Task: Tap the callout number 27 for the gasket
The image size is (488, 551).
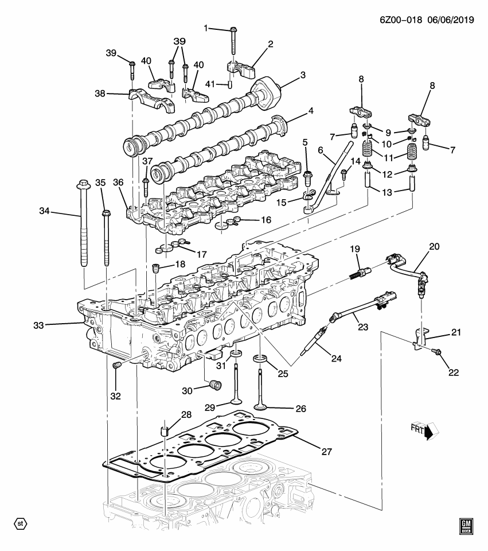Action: [x=326, y=452]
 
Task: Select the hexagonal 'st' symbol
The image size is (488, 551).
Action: [x=20, y=523]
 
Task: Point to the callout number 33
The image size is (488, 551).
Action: [x=38, y=325]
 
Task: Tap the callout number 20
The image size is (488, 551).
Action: [x=434, y=247]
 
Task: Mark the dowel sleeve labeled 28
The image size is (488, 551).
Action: [x=165, y=430]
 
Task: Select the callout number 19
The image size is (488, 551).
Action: [x=354, y=249]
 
